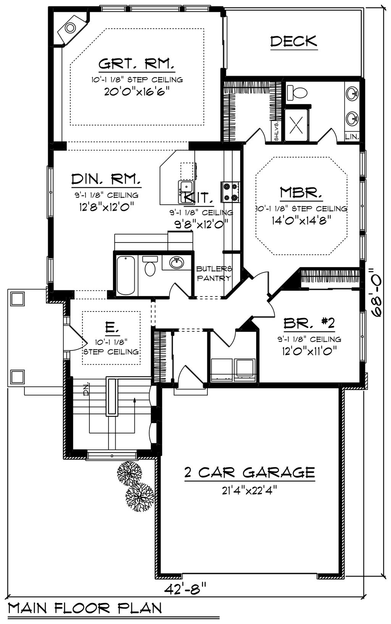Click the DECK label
pos(294,41)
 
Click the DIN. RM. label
pos(106,179)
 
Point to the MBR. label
pos(301,192)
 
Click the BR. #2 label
pos(309,324)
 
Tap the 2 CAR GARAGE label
pos(249,472)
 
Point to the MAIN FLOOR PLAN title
pos(85,608)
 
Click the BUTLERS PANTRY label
pos(214,274)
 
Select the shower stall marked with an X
pos(297,124)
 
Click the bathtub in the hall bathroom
pos(125,275)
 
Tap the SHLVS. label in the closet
pos(276,131)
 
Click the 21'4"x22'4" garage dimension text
pos(249,490)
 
